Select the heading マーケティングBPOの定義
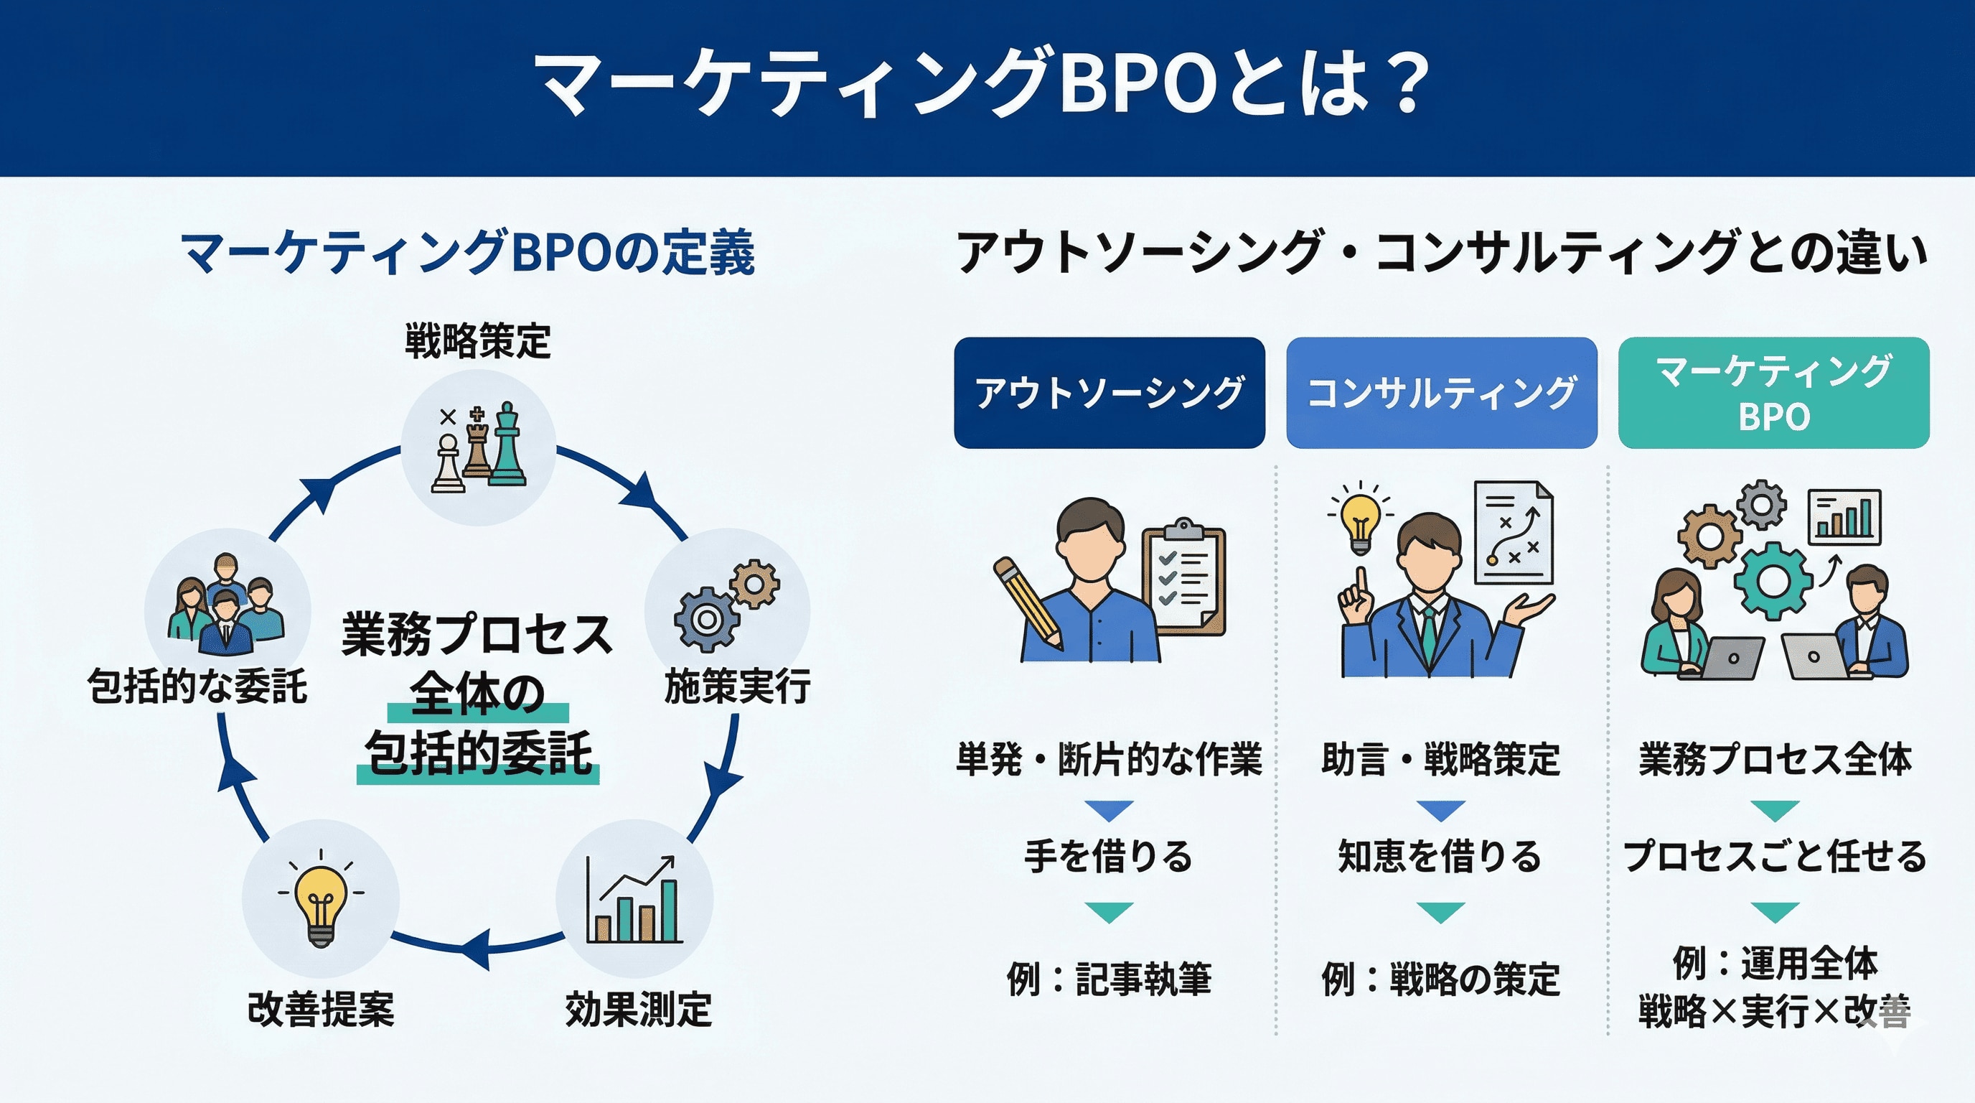coord(468,253)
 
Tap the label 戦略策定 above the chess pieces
coord(478,341)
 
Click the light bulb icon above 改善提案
coord(321,903)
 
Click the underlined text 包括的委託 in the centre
coord(479,753)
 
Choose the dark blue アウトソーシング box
coord(1109,393)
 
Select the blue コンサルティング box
coord(1440,393)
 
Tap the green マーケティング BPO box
coord(1773,393)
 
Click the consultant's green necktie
coord(1429,637)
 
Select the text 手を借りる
coord(1109,856)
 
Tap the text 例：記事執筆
coord(1109,979)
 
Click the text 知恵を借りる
coord(1440,856)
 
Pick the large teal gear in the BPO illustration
coord(1772,581)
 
